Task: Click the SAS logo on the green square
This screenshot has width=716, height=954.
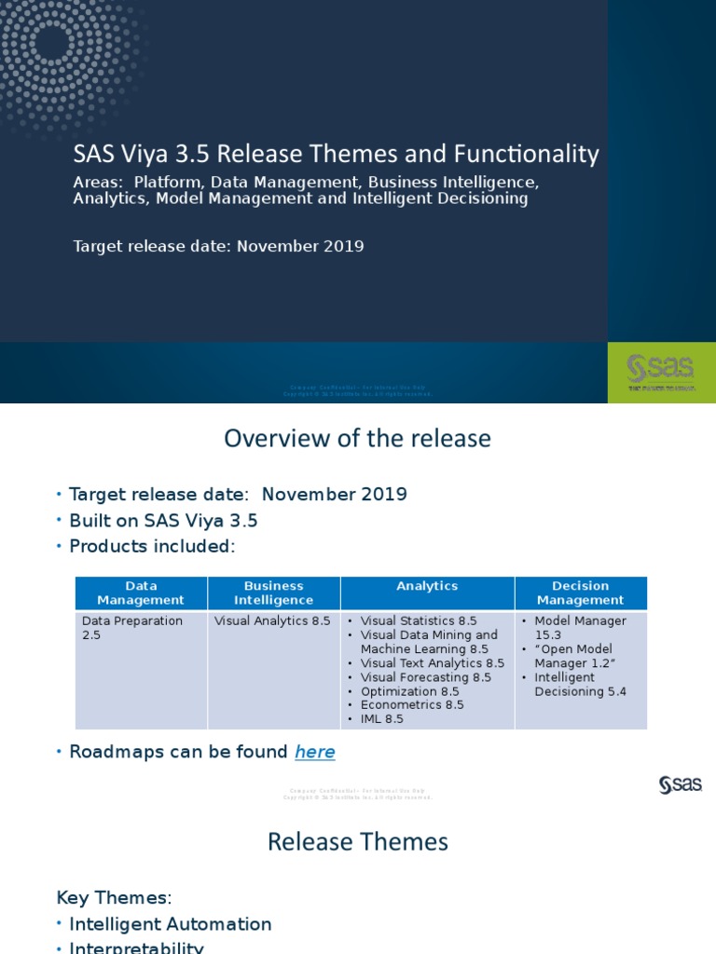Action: [x=662, y=371]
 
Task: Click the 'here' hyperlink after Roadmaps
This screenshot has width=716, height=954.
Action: [x=315, y=752]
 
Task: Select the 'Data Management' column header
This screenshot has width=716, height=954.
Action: [x=141, y=593]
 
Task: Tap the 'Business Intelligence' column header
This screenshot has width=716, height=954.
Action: [x=273, y=593]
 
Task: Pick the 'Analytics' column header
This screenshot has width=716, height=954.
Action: [x=427, y=586]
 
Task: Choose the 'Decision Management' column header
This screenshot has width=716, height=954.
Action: [x=580, y=593]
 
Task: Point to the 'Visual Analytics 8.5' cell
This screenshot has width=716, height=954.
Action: [x=272, y=621]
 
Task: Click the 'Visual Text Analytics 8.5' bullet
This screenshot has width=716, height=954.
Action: [x=432, y=663]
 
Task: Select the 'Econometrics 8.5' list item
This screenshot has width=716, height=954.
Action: [x=412, y=705]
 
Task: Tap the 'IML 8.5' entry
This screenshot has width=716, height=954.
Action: [x=382, y=719]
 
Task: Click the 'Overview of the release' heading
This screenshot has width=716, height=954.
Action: [x=357, y=438]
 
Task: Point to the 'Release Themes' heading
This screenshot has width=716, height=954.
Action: [x=357, y=842]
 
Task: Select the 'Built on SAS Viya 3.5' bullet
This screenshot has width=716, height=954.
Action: [x=163, y=521]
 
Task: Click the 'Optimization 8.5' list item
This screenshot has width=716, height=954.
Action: [x=409, y=691]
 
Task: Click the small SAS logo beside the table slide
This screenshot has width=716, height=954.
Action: [x=680, y=785]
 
